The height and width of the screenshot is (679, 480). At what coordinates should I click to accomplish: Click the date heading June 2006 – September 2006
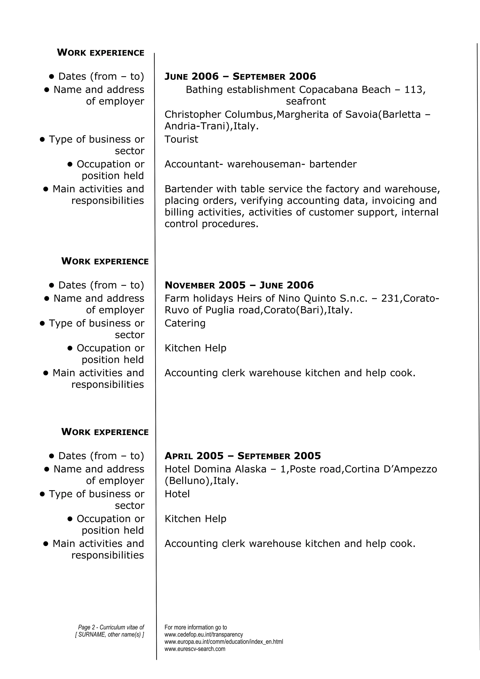pyautogui.click(x=240, y=77)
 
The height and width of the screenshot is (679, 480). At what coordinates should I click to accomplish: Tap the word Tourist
pyautogui.click(x=181, y=139)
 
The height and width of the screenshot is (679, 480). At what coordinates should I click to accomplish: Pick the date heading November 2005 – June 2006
pyautogui.click(x=239, y=285)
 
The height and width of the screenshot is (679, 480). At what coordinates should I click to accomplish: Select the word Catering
pyautogui.click(x=185, y=323)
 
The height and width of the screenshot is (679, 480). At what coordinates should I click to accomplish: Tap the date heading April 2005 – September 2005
pyautogui.click(x=243, y=456)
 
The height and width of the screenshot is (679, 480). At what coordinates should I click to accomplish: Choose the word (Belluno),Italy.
pyautogui.click(x=201, y=481)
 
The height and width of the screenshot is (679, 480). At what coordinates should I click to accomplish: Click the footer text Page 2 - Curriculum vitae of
pyautogui.click(x=111, y=627)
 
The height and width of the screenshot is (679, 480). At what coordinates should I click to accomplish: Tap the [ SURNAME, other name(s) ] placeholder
pyautogui.click(x=109, y=635)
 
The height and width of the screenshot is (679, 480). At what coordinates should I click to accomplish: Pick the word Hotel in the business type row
pyautogui.click(x=177, y=494)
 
